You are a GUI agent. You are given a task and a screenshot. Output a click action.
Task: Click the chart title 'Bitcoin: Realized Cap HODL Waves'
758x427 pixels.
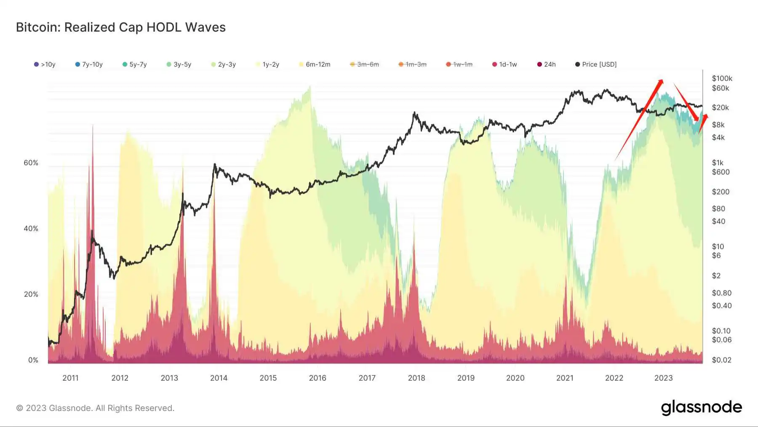click(121, 27)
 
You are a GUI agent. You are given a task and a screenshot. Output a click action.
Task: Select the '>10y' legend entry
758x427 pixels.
click(45, 64)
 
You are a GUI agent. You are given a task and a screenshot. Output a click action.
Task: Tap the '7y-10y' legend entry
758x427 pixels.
click(89, 64)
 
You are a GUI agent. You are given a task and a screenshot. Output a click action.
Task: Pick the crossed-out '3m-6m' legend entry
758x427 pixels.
click(365, 64)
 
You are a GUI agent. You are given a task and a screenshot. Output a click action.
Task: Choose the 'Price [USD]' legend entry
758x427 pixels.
click(596, 64)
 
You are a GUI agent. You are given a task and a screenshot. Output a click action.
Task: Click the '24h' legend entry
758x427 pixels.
click(547, 64)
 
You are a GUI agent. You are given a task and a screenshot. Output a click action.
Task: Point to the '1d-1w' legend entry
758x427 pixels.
click(504, 64)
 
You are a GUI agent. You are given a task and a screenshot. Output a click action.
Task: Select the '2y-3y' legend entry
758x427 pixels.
click(224, 64)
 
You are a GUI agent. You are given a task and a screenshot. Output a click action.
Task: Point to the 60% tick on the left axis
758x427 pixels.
click(31, 163)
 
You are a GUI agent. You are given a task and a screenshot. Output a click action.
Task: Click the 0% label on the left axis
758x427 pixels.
click(33, 360)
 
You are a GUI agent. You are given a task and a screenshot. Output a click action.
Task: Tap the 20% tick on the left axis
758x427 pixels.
click(31, 294)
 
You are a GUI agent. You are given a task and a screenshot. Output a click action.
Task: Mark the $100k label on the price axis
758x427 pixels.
click(722, 78)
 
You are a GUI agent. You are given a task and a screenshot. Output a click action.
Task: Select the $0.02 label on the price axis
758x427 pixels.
click(721, 360)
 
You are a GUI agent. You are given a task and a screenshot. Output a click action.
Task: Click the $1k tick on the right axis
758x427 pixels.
click(718, 163)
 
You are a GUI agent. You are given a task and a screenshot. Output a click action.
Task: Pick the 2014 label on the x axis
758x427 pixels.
click(219, 378)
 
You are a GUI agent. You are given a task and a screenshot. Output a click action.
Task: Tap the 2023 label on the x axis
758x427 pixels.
click(663, 378)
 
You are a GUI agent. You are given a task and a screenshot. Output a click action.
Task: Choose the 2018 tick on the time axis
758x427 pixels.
click(416, 378)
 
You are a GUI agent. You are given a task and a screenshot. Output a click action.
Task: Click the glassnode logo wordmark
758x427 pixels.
click(701, 408)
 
